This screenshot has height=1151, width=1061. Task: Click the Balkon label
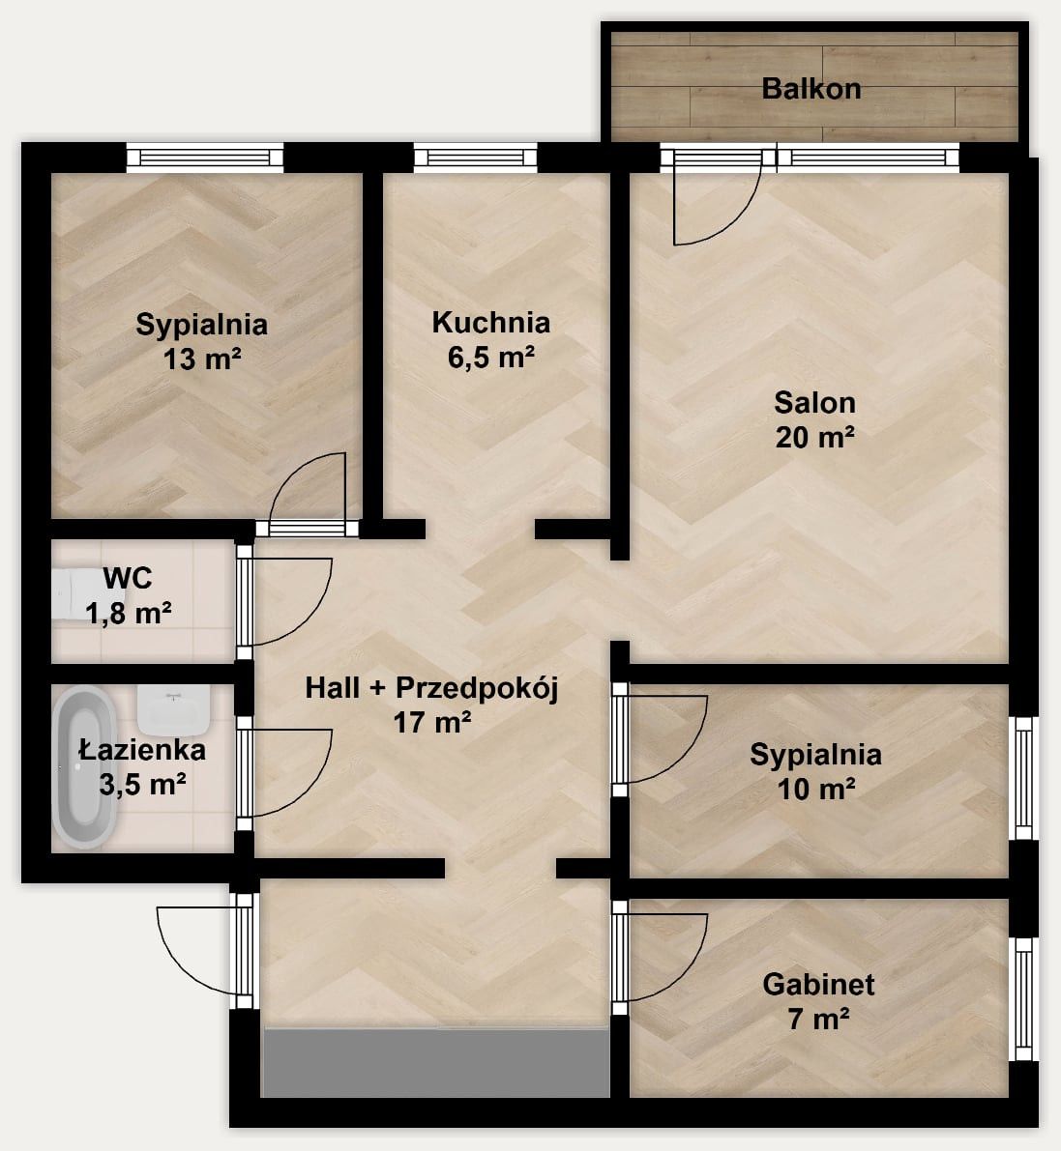click(811, 89)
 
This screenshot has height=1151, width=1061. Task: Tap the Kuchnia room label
click(490, 322)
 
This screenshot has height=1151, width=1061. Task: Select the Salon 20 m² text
click(815, 419)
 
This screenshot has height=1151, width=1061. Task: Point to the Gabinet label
click(818, 985)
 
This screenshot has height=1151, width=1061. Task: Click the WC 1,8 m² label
click(129, 595)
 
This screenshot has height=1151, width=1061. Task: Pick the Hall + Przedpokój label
click(432, 688)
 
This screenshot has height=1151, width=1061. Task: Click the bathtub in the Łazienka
click(84, 766)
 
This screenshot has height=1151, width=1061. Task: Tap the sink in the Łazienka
click(173, 710)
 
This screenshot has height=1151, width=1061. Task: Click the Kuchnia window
click(476, 158)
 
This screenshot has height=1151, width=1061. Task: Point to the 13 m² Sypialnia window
click(205, 158)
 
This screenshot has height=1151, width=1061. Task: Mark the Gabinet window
click(1023, 998)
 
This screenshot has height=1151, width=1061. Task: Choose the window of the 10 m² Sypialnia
click(1023, 778)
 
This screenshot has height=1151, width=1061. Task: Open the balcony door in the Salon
click(718, 198)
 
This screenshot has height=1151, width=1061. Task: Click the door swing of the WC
click(286, 601)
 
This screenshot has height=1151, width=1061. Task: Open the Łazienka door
click(286, 773)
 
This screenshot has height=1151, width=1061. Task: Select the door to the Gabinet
click(662, 957)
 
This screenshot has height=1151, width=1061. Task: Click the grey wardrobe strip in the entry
click(436, 1062)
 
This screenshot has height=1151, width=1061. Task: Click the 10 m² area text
click(815, 790)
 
